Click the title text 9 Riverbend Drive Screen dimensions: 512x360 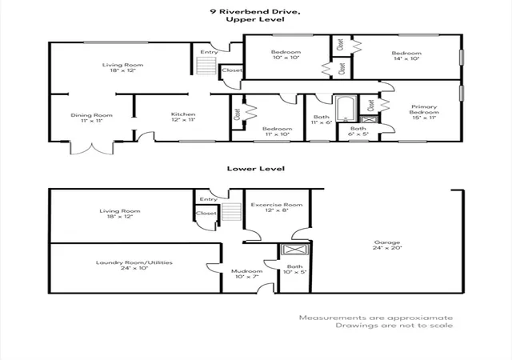pyautogui.click(x=255, y=12)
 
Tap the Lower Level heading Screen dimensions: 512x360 pyautogui.click(x=256, y=169)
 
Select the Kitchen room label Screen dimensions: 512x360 pyautogui.click(x=183, y=114)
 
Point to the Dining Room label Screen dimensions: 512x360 pyautogui.click(x=91, y=115)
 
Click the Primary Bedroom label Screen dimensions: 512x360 pyautogui.click(x=424, y=109)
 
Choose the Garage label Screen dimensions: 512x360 pyautogui.click(x=387, y=242)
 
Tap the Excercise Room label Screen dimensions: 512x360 pyautogui.click(x=277, y=205)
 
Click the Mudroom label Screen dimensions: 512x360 pyautogui.click(x=247, y=271)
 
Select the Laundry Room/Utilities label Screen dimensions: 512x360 pyautogui.click(x=134, y=262)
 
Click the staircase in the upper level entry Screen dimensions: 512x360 pyautogui.click(x=206, y=66)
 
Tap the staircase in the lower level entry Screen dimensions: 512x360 pyautogui.click(x=231, y=211)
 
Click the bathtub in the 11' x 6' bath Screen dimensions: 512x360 pyautogui.click(x=346, y=109)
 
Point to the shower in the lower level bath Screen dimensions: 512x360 pyautogui.click(x=295, y=250)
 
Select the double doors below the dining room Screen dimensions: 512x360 pyautogui.click(x=92, y=148)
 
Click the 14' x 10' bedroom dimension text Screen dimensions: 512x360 pyautogui.click(x=406, y=59)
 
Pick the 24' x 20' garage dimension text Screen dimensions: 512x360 pyautogui.click(x=387, y=248)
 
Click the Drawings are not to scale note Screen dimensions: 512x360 pyautogui.click(x=394, y=326)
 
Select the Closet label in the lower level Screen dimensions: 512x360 pyautogui.click(x=206, y=214)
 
